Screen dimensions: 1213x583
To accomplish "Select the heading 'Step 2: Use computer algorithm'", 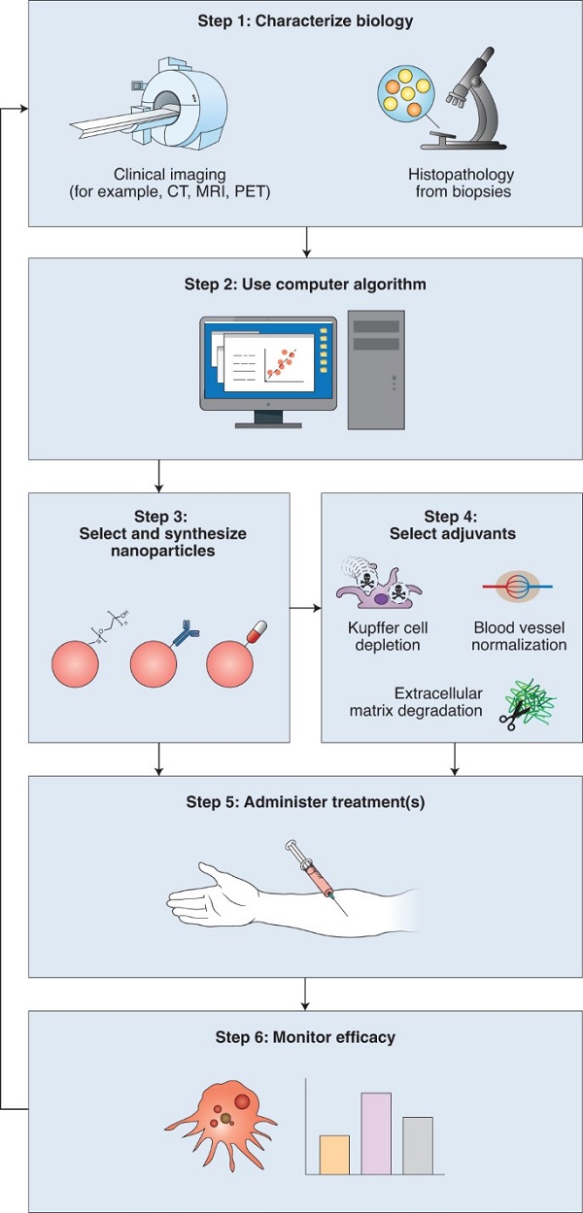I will click(x=306, y=285).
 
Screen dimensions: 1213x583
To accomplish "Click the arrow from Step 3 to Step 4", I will click(x=306, y=609).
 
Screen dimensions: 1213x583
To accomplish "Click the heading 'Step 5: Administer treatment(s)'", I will click(x=306, y=802).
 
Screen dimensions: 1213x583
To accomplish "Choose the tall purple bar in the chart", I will click(x=376, y=1132).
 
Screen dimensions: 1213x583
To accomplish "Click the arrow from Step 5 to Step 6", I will click(x=306, y=993).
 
